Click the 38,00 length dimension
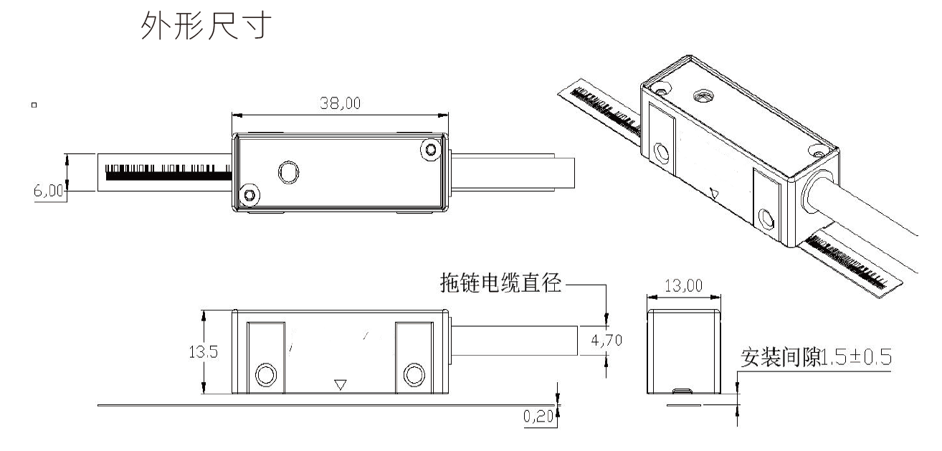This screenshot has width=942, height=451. [340, 104]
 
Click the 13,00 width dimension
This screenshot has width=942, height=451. [684, 286]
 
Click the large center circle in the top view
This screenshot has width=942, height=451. [289, 172]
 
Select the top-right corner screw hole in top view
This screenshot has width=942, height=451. [430, 149]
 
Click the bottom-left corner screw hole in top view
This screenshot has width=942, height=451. [249, 194]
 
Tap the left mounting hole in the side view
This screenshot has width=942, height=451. [265, 374]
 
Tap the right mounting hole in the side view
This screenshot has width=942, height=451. [414, 374]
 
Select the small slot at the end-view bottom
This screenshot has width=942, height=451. [683, 391]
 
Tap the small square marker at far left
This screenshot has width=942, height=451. [34, 106]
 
